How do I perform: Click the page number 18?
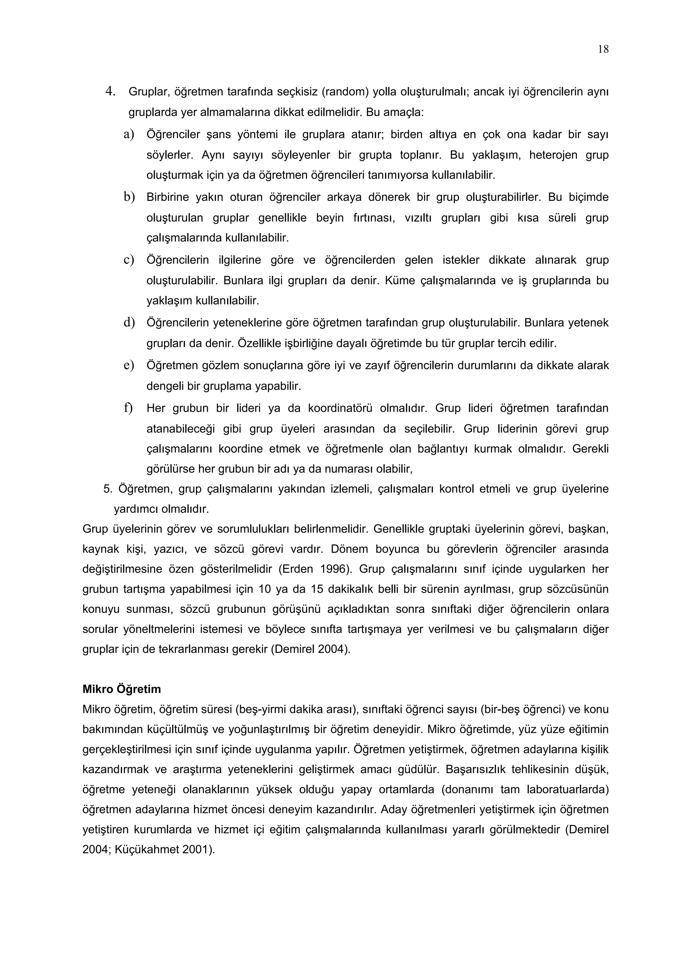click(603, 49)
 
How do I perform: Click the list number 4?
click(111, 91)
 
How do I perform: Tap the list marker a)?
click(129, 134)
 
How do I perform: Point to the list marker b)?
click(129, 197)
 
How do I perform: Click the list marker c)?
click(129, 260)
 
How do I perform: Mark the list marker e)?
click(129, 365)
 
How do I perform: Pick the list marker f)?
click(128, 408)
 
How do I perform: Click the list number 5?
click(108, 489)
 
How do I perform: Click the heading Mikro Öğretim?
click(122, 689)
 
